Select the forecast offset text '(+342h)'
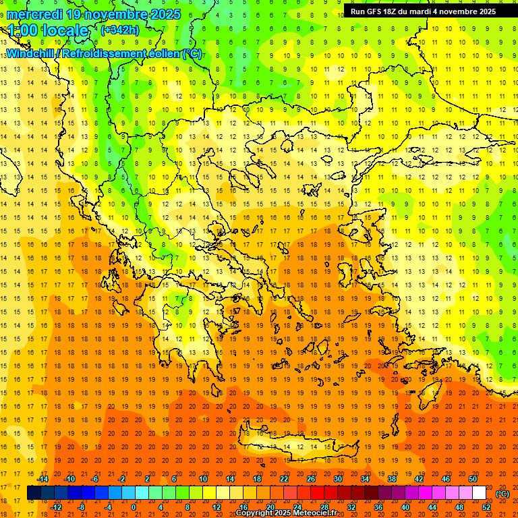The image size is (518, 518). (120, 30)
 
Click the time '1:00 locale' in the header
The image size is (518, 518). (48, 30)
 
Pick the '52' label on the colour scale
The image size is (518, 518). (486, 507)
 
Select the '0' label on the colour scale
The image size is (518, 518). (134, 507)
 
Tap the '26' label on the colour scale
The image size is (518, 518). (311, 478)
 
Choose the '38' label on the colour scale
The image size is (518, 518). (392, 478)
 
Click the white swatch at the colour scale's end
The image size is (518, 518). (480, 493)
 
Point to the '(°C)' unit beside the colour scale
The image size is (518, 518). (502, 493)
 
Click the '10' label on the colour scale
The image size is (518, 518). (203, 478)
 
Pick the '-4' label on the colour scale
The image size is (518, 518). (107, 507)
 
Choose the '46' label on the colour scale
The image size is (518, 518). (446, 478)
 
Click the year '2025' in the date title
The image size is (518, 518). (165, 14)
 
